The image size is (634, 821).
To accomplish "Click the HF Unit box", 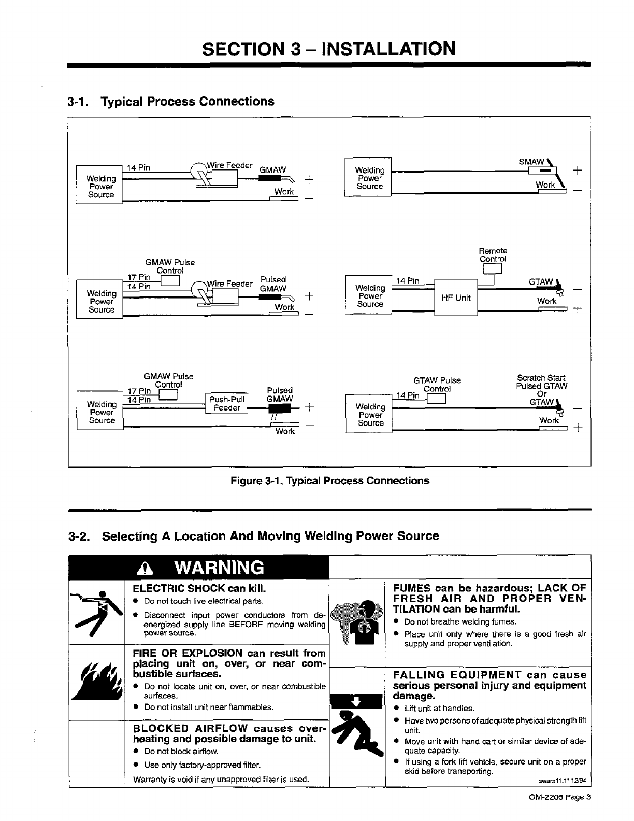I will click(456, 298).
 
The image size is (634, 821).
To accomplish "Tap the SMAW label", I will click(531, 162).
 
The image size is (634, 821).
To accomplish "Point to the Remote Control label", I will click(493, 255).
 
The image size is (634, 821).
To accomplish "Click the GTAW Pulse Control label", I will click(437, 385).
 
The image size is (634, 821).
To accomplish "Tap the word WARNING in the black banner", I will click(219, 568).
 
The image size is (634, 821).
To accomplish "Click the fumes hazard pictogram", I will click(357, 622).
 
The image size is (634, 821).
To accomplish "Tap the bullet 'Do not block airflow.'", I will click(181, 751).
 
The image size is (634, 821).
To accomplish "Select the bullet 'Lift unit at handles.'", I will click(439, 709).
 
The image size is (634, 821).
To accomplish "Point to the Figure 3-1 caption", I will click(329, 480).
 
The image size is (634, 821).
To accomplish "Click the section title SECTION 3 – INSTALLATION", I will click(329, 48).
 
